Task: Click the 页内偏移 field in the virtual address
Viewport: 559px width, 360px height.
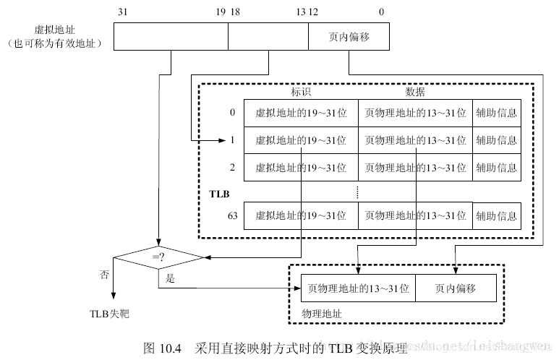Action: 349,37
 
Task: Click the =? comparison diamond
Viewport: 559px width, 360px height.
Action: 157,256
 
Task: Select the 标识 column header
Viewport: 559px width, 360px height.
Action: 301,92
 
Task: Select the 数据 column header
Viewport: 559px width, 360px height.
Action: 415,92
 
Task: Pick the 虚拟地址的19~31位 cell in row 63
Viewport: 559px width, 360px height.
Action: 301,215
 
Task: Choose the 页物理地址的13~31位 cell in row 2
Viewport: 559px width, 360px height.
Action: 415,167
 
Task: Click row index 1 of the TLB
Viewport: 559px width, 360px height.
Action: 232,140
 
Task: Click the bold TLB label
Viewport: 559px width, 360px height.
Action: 218,194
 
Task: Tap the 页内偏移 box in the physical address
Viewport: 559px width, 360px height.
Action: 455,288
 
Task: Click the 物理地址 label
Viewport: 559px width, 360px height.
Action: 321,314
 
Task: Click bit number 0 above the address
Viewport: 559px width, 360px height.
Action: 381,12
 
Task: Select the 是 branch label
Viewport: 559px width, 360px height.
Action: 171,278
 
